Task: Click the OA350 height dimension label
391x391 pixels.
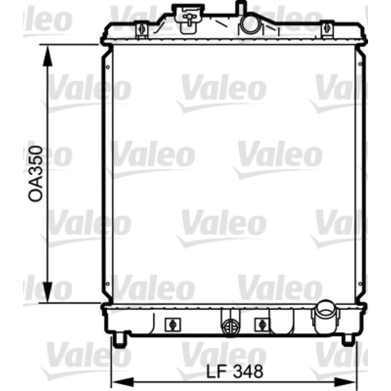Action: point(35,174)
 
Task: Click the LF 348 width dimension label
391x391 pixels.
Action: point(235,371)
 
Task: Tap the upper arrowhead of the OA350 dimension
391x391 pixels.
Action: point(47,56)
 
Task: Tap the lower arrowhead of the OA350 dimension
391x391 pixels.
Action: point(47,292)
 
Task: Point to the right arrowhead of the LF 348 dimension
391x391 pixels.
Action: point(345,382)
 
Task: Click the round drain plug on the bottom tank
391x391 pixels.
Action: point(230,327)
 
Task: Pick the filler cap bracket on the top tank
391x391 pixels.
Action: point(190,18)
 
